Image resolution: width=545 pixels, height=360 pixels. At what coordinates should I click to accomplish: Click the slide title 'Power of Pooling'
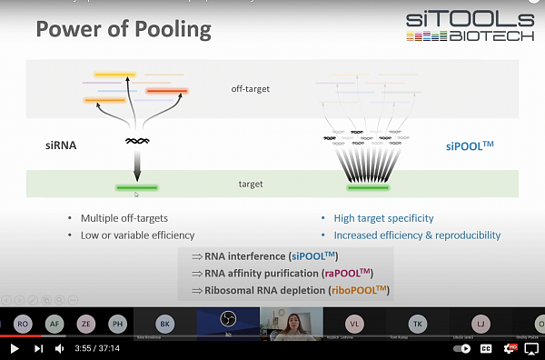(x=123, y=30)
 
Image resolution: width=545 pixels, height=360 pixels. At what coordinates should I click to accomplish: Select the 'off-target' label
(x=251, y=89)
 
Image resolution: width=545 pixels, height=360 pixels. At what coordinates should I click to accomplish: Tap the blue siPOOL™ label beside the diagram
(x=469, y=145)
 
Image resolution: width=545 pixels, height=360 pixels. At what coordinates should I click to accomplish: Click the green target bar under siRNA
(x=137, y=187)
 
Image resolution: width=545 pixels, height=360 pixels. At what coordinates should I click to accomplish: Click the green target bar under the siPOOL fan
(x=369, y=188)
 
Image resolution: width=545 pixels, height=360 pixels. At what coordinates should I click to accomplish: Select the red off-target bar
(x=167, y=91)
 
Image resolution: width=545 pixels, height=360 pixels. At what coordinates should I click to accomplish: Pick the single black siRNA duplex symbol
(x=137, y=142)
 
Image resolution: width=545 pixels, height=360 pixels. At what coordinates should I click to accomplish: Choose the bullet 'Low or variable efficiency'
(x=137, y=235)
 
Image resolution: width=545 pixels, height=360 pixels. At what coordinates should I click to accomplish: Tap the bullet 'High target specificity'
(x=383, y=218)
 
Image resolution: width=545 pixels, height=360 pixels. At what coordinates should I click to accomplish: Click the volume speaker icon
(x=59, y=348)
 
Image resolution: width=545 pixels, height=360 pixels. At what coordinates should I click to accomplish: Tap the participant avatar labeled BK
(x=164, y=323)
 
